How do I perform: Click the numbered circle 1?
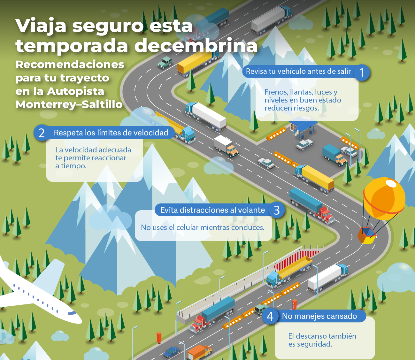(361, 73)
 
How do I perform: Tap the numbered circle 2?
(42, 133)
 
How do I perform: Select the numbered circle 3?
(277, 210)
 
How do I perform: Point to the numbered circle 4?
(270, 316)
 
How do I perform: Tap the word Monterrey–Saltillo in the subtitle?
(69, 104)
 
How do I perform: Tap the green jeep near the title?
(165, 62)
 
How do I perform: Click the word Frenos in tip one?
(276, 92)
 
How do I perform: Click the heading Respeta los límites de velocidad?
(111, 133)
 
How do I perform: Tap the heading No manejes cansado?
(319, 316)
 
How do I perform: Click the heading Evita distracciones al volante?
(212, 210)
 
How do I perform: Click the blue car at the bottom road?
(172, 352)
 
